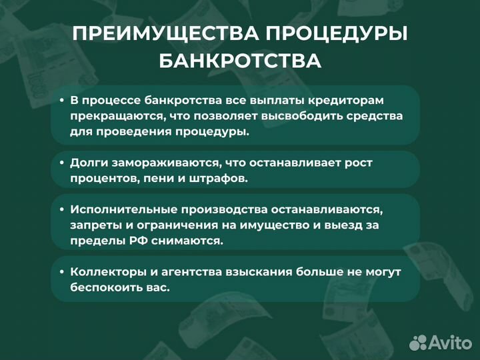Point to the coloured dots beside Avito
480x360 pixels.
tap(417, 343)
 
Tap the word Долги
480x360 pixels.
tap(87, 163)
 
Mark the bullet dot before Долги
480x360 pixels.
tap(61, 163)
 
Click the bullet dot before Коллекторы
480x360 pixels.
tap(61, 272)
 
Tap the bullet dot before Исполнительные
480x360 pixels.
tap(61, 209)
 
